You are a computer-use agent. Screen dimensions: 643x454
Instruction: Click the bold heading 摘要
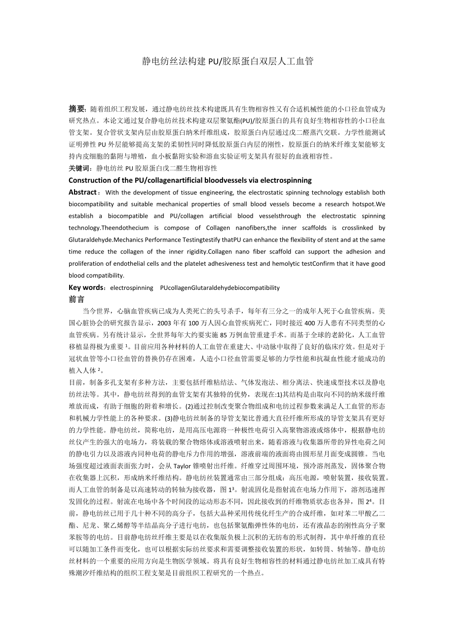[x=77, y=109]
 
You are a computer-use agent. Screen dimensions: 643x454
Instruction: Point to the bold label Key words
[x=86, y=287]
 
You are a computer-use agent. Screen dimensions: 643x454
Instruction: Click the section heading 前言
[x=76, y=299]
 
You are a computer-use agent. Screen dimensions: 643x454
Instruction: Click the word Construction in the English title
[x=88, y=180]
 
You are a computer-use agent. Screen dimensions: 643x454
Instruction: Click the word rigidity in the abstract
[x=194, y=251]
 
